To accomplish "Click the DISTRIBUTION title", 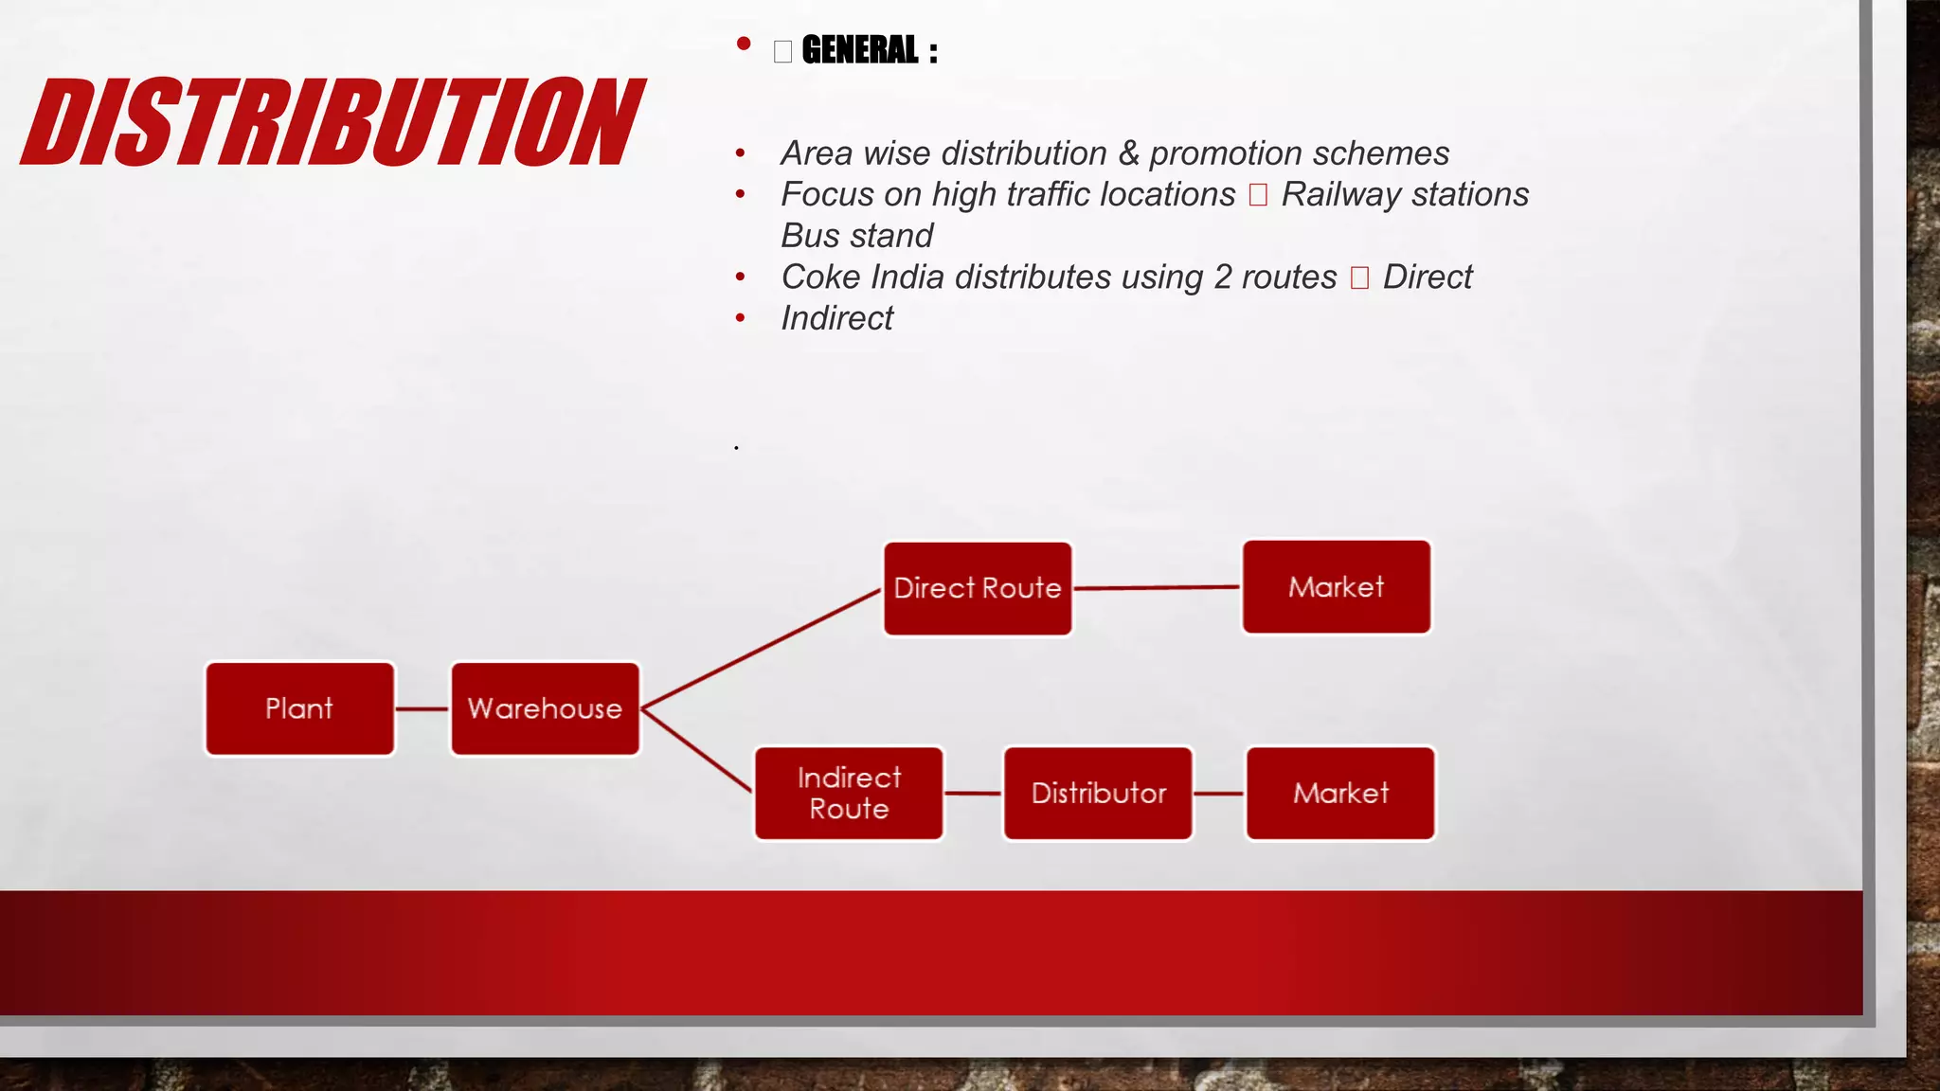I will pos(332,123).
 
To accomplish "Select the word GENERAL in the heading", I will pos(859,50).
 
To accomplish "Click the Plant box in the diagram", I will pos(299,708).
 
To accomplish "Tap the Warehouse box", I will pos(545,708).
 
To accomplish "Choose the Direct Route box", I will pos(978,588).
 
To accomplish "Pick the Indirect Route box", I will pos(849,793).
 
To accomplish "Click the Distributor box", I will pos(1098,793).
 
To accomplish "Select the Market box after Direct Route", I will pos(1336,587).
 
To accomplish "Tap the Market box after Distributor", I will pos(1340,793).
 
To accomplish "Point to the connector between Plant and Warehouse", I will pos(422,708).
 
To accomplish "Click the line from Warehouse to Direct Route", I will pos(762,649).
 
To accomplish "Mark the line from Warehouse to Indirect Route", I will pos(697,749).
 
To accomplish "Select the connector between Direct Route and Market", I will pos(1157,588).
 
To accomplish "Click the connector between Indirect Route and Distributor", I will pos(973,794).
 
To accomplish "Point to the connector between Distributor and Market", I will pos(1219,794).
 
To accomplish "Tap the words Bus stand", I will pos(856,235).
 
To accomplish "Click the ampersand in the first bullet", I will pos(1128,153).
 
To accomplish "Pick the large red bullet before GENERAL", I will pos(744,44).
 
